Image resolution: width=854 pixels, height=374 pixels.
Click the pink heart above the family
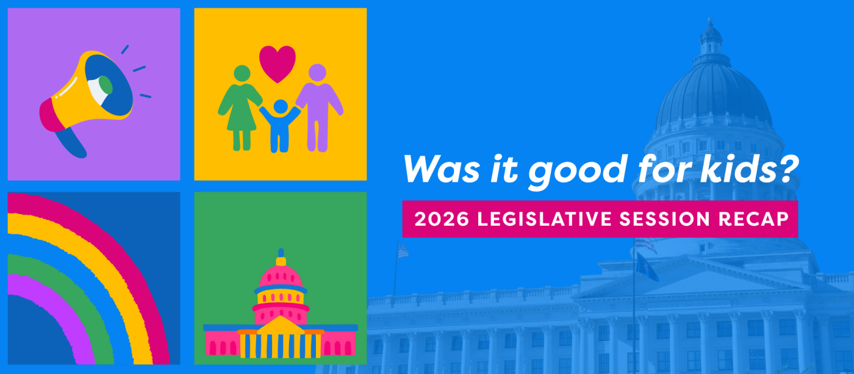(x=278, y=62)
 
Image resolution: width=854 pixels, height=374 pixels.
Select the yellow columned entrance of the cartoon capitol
(x=280, y=342)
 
